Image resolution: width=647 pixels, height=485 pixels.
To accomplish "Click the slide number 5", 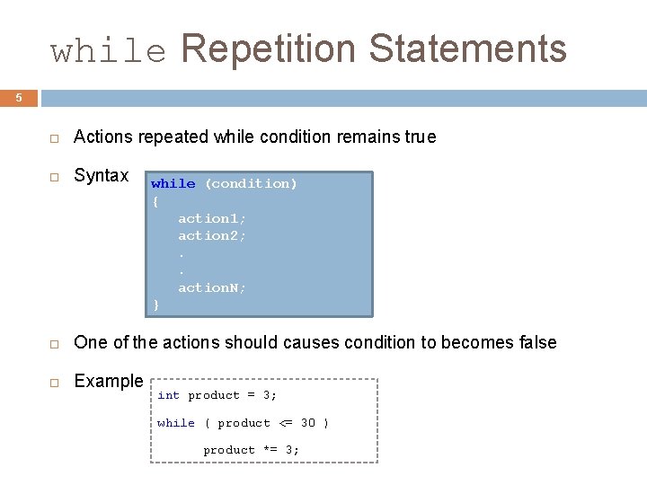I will [x=19, y=97].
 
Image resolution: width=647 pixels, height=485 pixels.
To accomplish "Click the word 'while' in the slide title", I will [x=109, y=50].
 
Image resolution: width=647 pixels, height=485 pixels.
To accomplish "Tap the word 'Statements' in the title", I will [x=467, y=48].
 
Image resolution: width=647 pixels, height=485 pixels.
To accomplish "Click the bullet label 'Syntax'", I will [x=101, y=176].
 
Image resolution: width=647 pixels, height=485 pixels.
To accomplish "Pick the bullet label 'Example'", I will [x=108, y=381].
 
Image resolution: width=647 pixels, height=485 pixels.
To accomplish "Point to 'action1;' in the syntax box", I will [x=212, y=218].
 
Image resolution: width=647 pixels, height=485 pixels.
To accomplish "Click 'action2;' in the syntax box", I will [x=212, y=235].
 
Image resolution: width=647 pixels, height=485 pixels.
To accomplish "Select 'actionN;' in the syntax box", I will [x=212, y=287].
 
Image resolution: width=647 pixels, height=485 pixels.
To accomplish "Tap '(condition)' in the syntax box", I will [x=251, y=183].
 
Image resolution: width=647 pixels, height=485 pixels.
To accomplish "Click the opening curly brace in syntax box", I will [x=155, y=201].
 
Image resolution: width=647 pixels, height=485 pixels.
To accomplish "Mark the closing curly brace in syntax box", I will [x=155, y=305].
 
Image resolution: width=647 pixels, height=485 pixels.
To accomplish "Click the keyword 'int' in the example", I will [x=168, y=395].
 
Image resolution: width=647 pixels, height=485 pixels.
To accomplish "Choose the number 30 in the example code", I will [x=307, y=423].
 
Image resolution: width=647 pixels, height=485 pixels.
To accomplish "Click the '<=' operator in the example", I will [x=285, y=423].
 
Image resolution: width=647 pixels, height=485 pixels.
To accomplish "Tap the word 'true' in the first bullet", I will [x=420, y=137].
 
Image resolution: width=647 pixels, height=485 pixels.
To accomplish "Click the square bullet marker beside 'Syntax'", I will [x=54, y=177].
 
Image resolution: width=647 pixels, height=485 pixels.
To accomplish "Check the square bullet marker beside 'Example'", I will [x=54, y=383].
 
